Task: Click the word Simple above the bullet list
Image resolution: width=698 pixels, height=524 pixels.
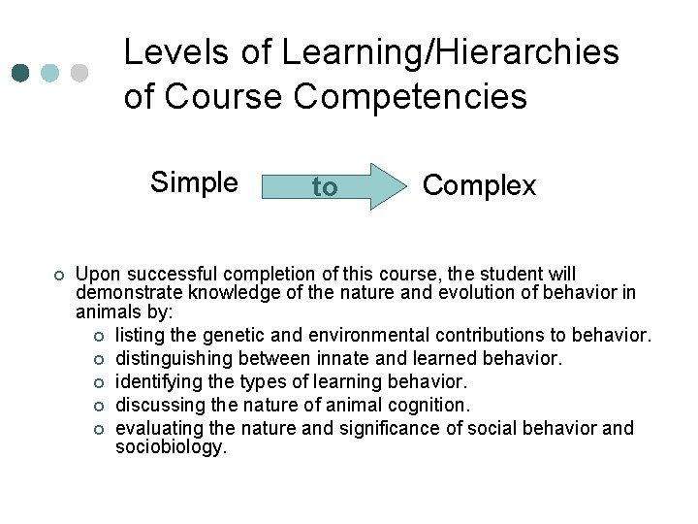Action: [194, 182]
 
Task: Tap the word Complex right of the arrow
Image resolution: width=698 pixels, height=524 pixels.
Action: [480, 185]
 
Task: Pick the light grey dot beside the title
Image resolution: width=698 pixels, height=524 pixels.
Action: [79, 74]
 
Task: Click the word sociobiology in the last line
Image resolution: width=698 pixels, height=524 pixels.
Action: [170, 447]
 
